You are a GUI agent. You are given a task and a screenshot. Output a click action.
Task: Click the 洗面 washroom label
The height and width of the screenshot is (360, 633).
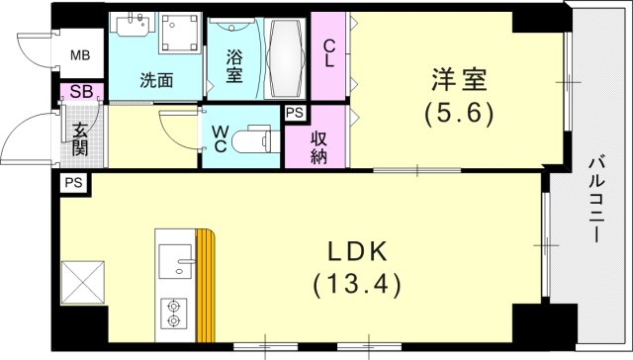coord(155,80)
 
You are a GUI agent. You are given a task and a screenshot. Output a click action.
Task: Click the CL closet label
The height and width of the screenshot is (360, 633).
coord(328,49)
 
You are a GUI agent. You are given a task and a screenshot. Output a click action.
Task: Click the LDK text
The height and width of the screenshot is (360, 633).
coord(357,250)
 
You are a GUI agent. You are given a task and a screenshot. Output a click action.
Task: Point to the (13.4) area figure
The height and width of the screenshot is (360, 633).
coord(357,287)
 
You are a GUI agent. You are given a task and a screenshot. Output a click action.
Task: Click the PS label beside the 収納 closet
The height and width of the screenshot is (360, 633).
coord(294,114)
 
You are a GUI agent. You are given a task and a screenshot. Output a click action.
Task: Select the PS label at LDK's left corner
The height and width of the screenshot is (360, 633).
coord(72,184)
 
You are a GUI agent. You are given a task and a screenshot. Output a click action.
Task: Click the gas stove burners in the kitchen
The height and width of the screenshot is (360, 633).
coord(174,312)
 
